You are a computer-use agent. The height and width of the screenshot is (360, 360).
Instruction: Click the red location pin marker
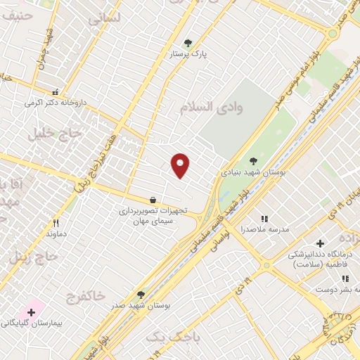pos(181,165)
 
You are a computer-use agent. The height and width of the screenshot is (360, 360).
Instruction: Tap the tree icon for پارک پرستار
pos(187,43)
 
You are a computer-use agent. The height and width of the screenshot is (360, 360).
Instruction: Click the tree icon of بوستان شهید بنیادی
pos(253,161)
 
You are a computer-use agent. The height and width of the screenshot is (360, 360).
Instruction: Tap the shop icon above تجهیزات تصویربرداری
pos(153,200)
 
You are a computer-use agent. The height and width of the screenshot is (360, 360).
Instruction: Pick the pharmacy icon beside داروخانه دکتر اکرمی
pos(56,91)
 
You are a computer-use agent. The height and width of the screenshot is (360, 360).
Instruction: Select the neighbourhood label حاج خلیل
pos(49,134)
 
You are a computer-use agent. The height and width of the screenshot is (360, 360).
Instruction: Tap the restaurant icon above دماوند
pos(56,223)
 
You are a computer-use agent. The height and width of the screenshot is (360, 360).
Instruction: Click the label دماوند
pos(56,233)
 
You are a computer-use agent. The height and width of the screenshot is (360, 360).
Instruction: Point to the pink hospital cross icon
pos(31,311)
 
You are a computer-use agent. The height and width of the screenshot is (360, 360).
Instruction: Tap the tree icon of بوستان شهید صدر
pos(141,295)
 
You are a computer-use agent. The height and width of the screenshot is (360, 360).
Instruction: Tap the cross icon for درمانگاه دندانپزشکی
pos(320,243)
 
